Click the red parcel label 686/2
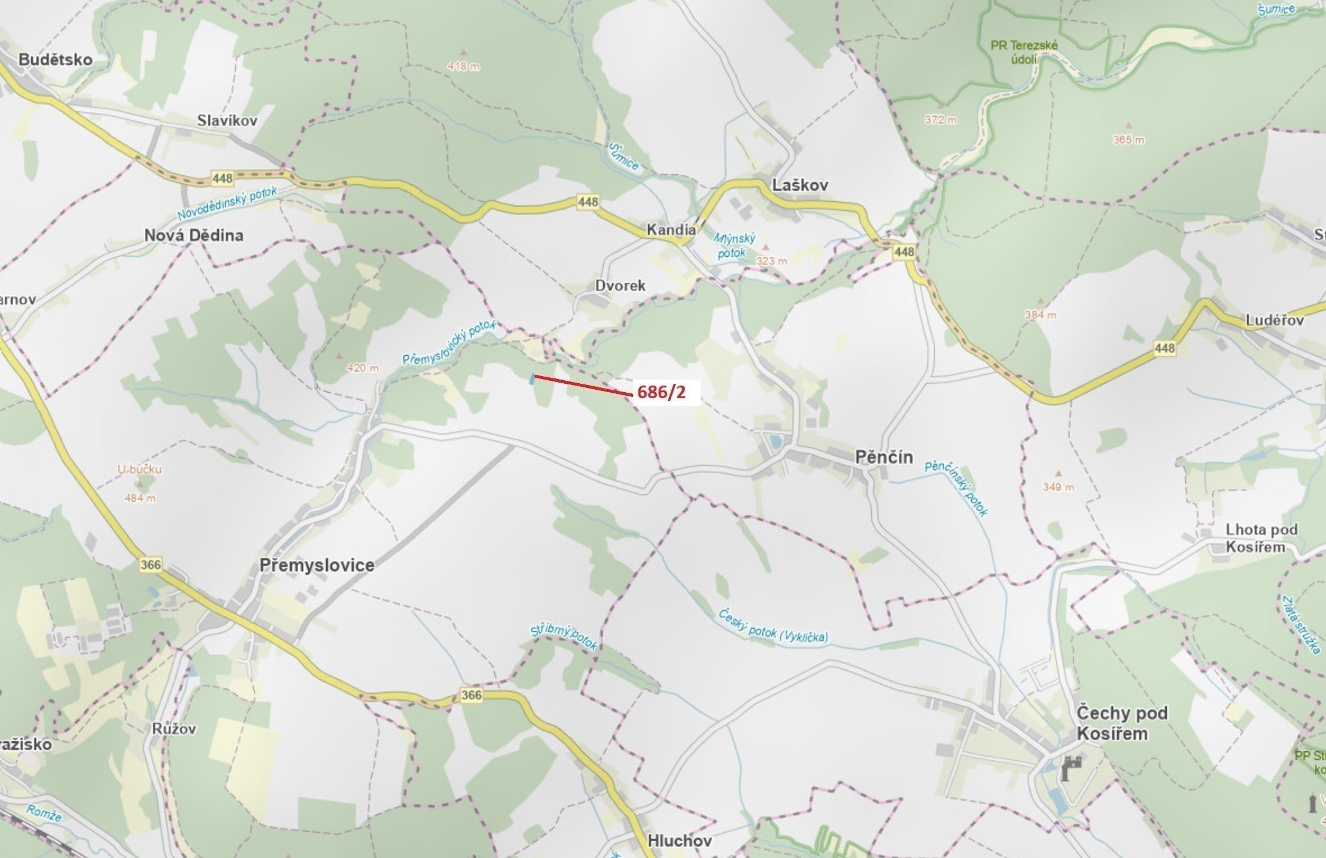[x=661, y=393]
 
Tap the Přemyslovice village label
[x=317, y=565]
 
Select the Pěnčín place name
[x=884, y=457]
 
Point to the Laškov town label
[x=800, y=185]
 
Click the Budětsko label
[x=56, y=59]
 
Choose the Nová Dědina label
[x=194, y=235]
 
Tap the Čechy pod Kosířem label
[x=1121, y=723]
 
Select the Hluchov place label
[x=680, y=841]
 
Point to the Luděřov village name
[x=1275, y=320]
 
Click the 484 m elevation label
[x=140, y=498]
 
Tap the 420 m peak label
[x=363, y=368]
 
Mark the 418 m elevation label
[x=464, y=66]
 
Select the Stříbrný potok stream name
[x=564, y=637]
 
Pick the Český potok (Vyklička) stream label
[x=773, y=626]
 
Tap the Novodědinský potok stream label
[x=227, y=204]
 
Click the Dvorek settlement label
[x=620, y=286]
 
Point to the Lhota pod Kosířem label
[x=1261, y=538]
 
